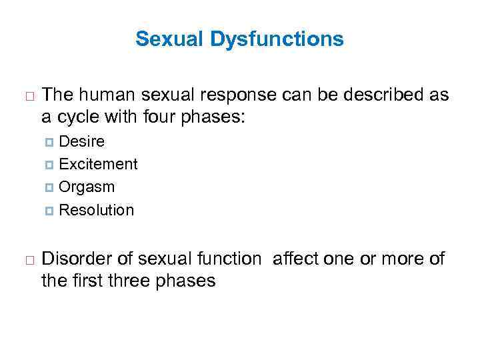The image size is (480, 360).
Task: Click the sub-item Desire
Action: (x=81, y=141)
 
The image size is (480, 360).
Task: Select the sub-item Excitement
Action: (x=98, y=164)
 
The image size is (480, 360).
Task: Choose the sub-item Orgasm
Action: (x=87, y=187)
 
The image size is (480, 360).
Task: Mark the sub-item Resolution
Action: (x=97, y=210)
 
